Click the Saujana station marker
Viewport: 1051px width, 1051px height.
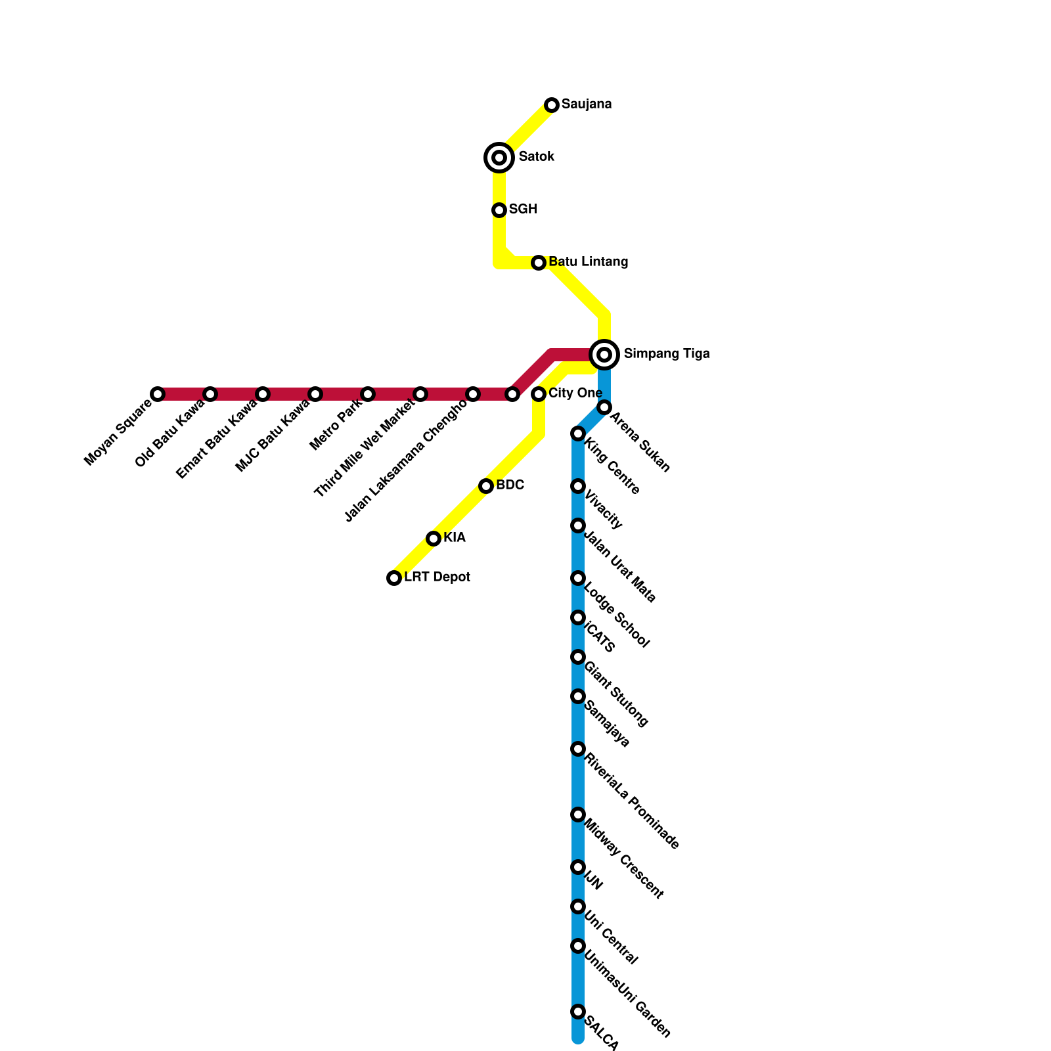tap(552, 105)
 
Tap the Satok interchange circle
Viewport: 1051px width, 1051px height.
tap(499, 158)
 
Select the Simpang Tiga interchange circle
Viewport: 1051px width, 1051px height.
tap(604, 355)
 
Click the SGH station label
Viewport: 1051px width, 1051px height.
tap(523, 210)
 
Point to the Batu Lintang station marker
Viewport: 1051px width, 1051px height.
tap(539, 263)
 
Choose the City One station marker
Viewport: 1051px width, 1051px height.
tap(539, 394)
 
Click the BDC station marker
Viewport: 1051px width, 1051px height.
tap(486, 486)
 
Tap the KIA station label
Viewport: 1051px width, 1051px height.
tap(454, 538)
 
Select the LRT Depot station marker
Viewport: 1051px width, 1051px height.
tap(394, 578)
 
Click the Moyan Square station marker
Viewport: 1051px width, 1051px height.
tap(158, 394)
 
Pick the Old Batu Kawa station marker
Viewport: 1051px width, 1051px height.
tap(210, 394)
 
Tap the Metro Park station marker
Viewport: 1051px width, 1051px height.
tap(368, 394)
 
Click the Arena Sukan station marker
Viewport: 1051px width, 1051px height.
tap(604, 408)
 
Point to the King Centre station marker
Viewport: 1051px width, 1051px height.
tap(578, 434)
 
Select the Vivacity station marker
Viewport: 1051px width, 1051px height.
tap(578, 486)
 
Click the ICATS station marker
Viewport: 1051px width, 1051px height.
tap(578, 617)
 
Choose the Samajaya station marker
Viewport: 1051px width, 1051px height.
tap(578, 696)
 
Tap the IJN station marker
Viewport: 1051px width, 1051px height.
tap(578, 867)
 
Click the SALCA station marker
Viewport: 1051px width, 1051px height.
tap(578, 1012)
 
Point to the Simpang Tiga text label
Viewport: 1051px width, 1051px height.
tap(666, 354)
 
